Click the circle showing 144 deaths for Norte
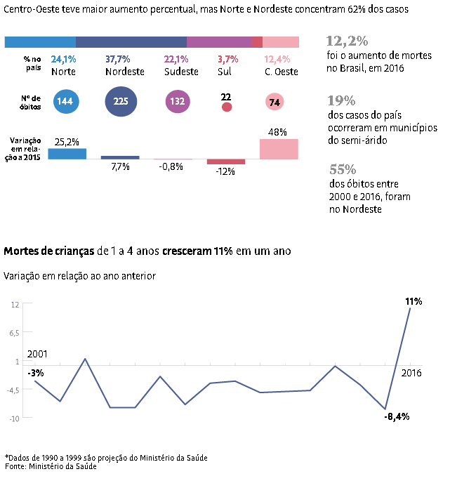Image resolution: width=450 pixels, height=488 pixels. [x=65, y=102]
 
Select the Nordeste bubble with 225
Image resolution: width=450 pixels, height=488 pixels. [x=121, y=102]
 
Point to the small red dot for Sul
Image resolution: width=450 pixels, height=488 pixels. [x=226, y=107]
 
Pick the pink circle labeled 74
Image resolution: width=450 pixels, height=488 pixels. [x=274, y=103]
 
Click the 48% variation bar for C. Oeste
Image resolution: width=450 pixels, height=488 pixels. [x=279, y=149]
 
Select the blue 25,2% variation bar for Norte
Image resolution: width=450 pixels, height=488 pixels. [x=67, y=154]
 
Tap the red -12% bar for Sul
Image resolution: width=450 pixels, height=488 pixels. [x=226, y=161]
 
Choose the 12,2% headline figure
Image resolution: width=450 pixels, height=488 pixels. [x=348, y=41]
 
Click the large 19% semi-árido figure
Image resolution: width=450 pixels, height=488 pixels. [x=342, y=100]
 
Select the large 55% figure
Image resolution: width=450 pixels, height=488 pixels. [x=343, y=169]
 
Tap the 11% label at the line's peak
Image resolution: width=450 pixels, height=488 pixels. [x=413, y=301]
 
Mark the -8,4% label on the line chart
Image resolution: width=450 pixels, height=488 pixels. [x=397, y=416]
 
